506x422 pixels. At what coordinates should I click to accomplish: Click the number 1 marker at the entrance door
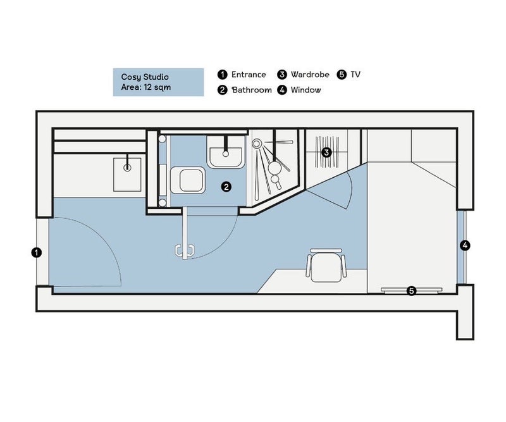tap(37, 252)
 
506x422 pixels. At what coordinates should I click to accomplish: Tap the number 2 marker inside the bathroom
tap(226, 187)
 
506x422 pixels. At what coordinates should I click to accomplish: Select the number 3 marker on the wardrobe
tap(326, 152)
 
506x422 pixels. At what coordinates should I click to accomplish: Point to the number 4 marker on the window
tap(465, 245)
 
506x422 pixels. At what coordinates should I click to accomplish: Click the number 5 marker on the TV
tap(412, 291)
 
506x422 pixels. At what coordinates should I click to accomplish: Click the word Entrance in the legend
tap(249, 75)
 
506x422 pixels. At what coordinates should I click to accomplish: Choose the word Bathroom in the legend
tap(252, 90)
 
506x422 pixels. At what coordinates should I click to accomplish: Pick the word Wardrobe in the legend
tap(310, 75)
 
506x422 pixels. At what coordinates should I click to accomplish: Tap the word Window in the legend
tap(305, 90)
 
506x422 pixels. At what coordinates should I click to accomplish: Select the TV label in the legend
tap(355, 75)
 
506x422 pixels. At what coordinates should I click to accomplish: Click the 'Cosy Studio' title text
tap(145, 77)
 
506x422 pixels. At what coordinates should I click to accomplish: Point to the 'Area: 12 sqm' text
tap(146, 87)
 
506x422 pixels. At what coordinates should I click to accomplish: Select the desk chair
tap(326, 265)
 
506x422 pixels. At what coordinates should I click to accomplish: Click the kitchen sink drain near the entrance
tap(128, 168)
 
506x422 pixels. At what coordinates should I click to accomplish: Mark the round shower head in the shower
tap(257, 144)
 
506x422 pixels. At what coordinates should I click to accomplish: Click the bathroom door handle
tap(184, 251)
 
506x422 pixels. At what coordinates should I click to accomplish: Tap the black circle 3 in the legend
tap(282, 75)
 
